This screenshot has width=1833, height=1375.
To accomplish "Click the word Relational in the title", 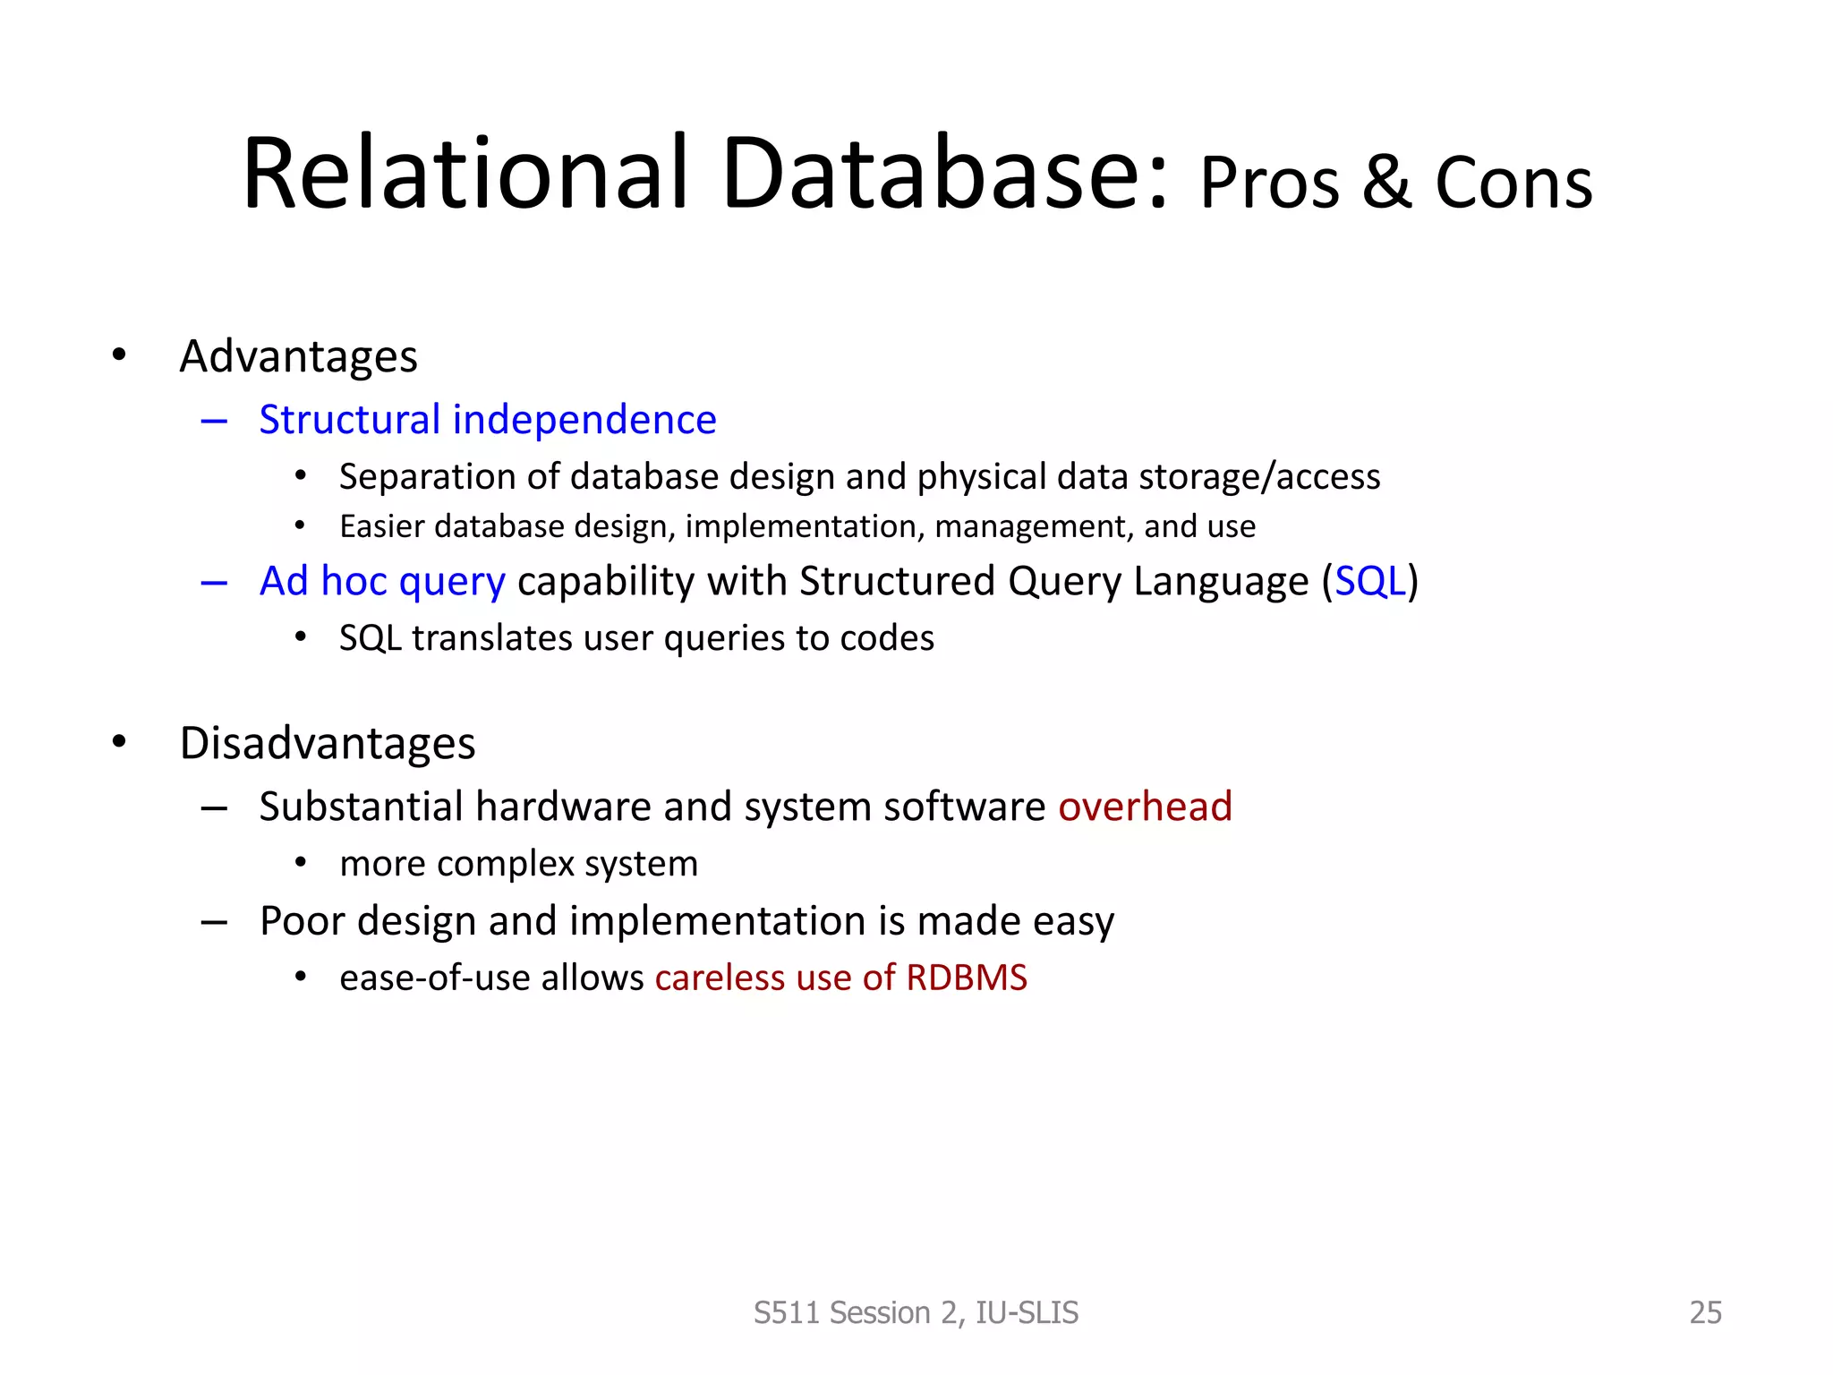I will tap(465, 175).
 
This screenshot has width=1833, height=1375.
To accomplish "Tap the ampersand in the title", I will tap(1386, 184).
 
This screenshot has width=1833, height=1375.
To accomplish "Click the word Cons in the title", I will tap(1513, 184).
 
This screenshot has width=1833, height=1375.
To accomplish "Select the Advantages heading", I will tap(298, 356).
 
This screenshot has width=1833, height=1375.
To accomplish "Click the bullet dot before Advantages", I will tap(119, 355).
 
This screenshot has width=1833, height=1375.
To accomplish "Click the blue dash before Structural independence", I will tap(214, 421).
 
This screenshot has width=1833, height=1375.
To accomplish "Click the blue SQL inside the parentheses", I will tap(1369, 582).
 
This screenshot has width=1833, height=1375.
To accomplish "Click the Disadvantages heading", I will tap(328, 743).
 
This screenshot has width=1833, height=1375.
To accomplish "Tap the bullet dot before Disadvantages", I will tap(119, 742).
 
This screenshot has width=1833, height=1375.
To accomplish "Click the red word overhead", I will tap(1145, 807).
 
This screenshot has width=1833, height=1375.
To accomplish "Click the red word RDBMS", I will tap(967, 978).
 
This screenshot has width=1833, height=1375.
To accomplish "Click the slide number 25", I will tap(1705, 1312).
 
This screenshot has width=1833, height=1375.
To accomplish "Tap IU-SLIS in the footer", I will tap(1027, 1312).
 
